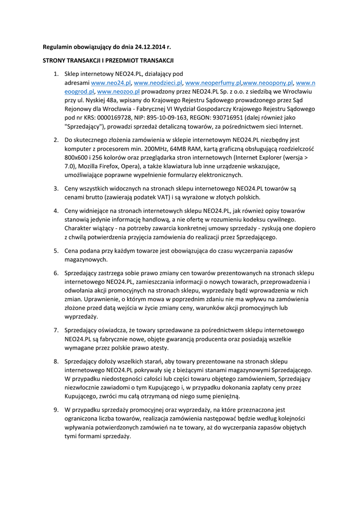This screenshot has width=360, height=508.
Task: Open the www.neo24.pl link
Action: coord(111,83)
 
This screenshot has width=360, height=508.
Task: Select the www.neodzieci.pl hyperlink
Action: coord(158,83)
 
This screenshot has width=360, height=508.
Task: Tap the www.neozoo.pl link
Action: coord(118,92)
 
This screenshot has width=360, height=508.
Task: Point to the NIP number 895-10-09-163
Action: coord(166,118)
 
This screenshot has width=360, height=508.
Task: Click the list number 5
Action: coord(56,251)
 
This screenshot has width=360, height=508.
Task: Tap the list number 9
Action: coord(56,410)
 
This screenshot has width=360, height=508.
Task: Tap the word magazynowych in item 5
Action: coord(86,260)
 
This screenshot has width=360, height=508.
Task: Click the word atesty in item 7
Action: coord(161,348)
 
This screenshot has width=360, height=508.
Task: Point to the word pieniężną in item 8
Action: coord(226,396)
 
